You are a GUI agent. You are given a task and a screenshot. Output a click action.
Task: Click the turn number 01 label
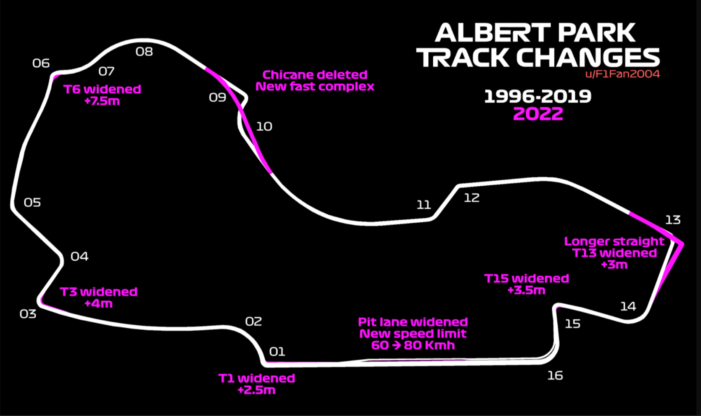click(x=277, y=352)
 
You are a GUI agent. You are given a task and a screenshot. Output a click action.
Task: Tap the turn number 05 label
click(x=32, y=203)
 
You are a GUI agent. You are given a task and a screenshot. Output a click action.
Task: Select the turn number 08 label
click(x=144, y=52)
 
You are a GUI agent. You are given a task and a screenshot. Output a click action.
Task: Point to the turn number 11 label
click(x=424, y=205)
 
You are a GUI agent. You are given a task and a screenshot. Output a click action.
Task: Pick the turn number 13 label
click(x=673, y=220)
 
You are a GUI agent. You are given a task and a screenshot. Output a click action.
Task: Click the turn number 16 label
click(x=555, y=375)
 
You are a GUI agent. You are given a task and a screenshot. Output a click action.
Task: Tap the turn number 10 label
click(x=264, y=126)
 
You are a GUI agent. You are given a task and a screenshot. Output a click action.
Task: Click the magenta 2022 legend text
click(x=538, y=114)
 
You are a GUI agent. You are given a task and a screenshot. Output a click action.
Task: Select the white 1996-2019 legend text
click(x=538, y=96)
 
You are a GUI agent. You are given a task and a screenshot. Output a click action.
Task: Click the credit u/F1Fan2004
click(x=622, y=74)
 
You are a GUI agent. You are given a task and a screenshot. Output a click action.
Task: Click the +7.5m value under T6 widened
click(x=102, y=101)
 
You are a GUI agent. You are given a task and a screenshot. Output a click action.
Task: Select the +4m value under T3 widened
click(x=99, y=303)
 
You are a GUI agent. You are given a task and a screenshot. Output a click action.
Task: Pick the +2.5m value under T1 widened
click(x=256, y=390)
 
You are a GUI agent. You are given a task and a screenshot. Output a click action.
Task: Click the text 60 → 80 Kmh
click(x=413, y=345)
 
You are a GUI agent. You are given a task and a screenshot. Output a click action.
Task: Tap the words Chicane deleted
click(x=315, y=75)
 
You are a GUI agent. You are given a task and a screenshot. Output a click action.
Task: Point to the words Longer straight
click(x=614, y=241)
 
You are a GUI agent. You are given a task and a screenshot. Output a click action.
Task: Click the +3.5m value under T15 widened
click(x=526, y=290)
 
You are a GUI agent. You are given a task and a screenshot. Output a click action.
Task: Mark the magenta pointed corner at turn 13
click(x=681, y=244)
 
